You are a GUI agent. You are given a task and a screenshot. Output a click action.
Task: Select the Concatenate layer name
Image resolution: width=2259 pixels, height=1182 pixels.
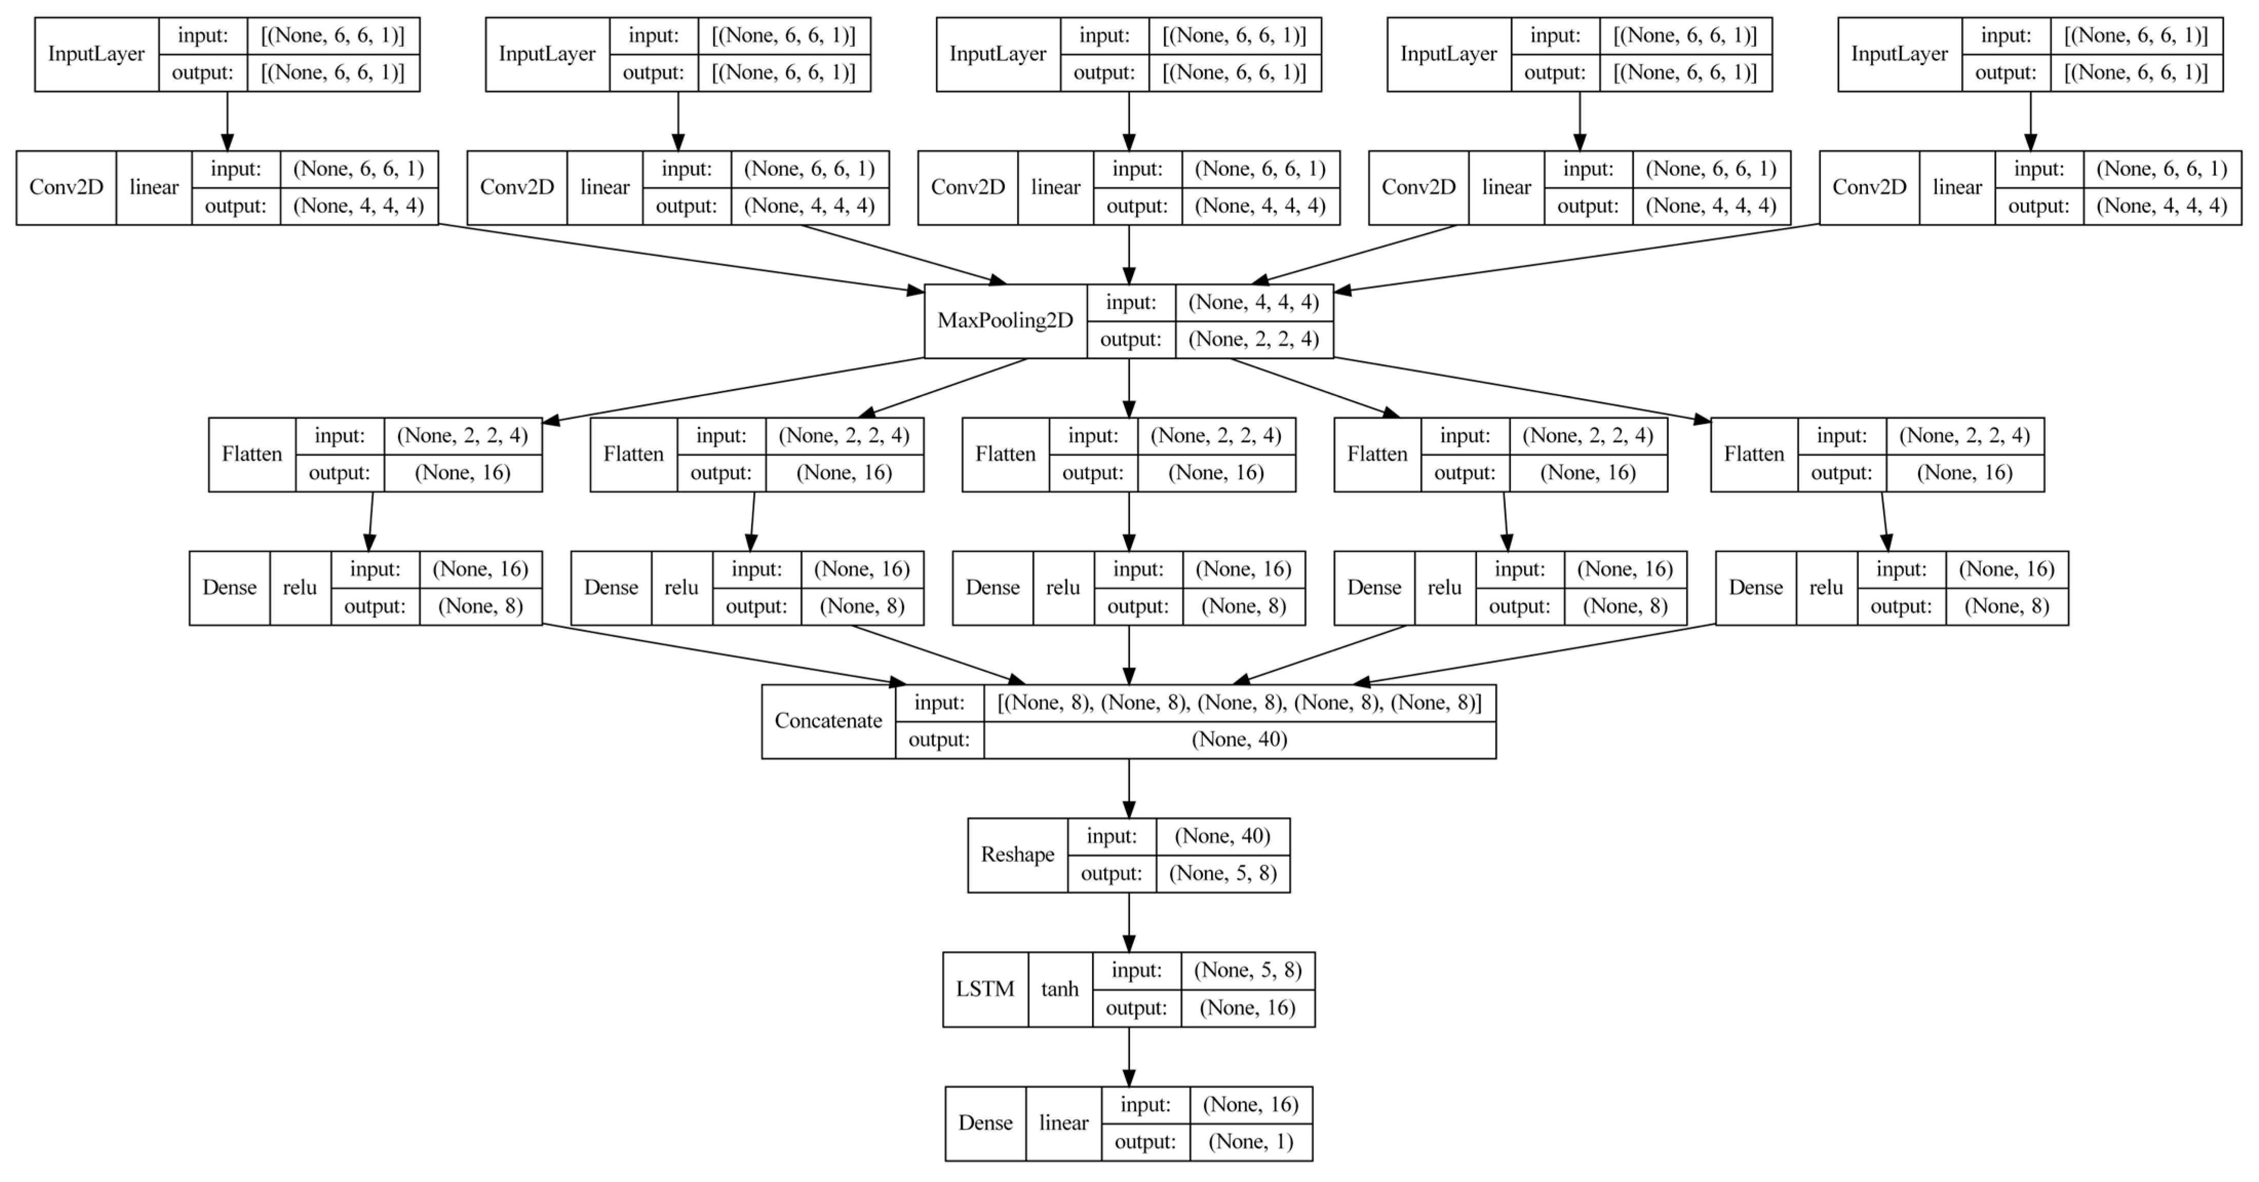(x=828, y=721)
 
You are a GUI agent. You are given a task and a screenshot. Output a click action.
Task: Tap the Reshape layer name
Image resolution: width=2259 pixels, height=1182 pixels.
(x=1017, y=855)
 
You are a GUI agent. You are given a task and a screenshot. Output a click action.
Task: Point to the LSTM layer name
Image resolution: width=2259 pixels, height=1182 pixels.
(x=985, y=989)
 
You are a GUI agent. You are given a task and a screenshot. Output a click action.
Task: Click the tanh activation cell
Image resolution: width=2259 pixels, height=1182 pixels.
(x=1059, y=989)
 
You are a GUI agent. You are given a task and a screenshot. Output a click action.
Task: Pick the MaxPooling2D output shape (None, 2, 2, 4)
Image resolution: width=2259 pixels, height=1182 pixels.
(x=1253, y=339)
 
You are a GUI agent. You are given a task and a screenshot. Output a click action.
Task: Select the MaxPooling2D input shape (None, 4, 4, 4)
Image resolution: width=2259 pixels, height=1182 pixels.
(x=1253, y=303)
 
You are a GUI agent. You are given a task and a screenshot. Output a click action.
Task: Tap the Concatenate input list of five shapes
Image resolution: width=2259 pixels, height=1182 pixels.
(x=1239, y=702)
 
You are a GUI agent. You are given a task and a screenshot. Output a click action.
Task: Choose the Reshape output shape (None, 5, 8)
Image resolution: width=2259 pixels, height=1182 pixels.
(x=1222, y=873)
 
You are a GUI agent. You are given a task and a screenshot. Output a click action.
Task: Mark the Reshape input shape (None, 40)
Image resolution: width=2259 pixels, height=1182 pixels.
(x=1222, y=837)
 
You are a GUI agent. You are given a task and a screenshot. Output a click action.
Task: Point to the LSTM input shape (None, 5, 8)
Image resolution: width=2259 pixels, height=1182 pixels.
(x=1247, y=971)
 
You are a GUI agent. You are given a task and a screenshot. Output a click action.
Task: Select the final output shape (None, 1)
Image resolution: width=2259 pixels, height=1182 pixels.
(x=1251, y=1141)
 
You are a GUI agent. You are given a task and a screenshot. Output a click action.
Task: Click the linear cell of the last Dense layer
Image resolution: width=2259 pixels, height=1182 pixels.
(x=1064, y=1123)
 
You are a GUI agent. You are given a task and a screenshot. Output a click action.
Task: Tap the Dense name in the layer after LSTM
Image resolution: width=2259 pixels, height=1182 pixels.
(x=985, y=1123)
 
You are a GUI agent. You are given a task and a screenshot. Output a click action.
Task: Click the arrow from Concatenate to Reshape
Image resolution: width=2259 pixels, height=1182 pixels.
(x=1128, y=789)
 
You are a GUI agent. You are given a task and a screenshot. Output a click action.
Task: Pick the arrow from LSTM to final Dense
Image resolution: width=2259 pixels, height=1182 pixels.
(x=1128, y=1057)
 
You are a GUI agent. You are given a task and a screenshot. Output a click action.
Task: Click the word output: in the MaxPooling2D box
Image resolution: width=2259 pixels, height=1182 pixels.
(x=1131, y=339)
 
